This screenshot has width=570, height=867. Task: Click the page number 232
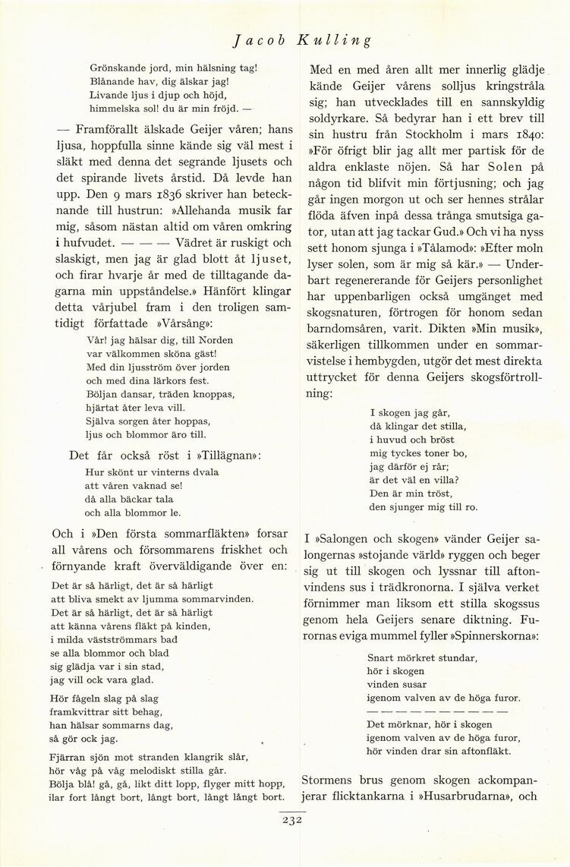tap(291, 820)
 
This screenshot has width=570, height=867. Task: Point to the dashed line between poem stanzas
tap(438, 711)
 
